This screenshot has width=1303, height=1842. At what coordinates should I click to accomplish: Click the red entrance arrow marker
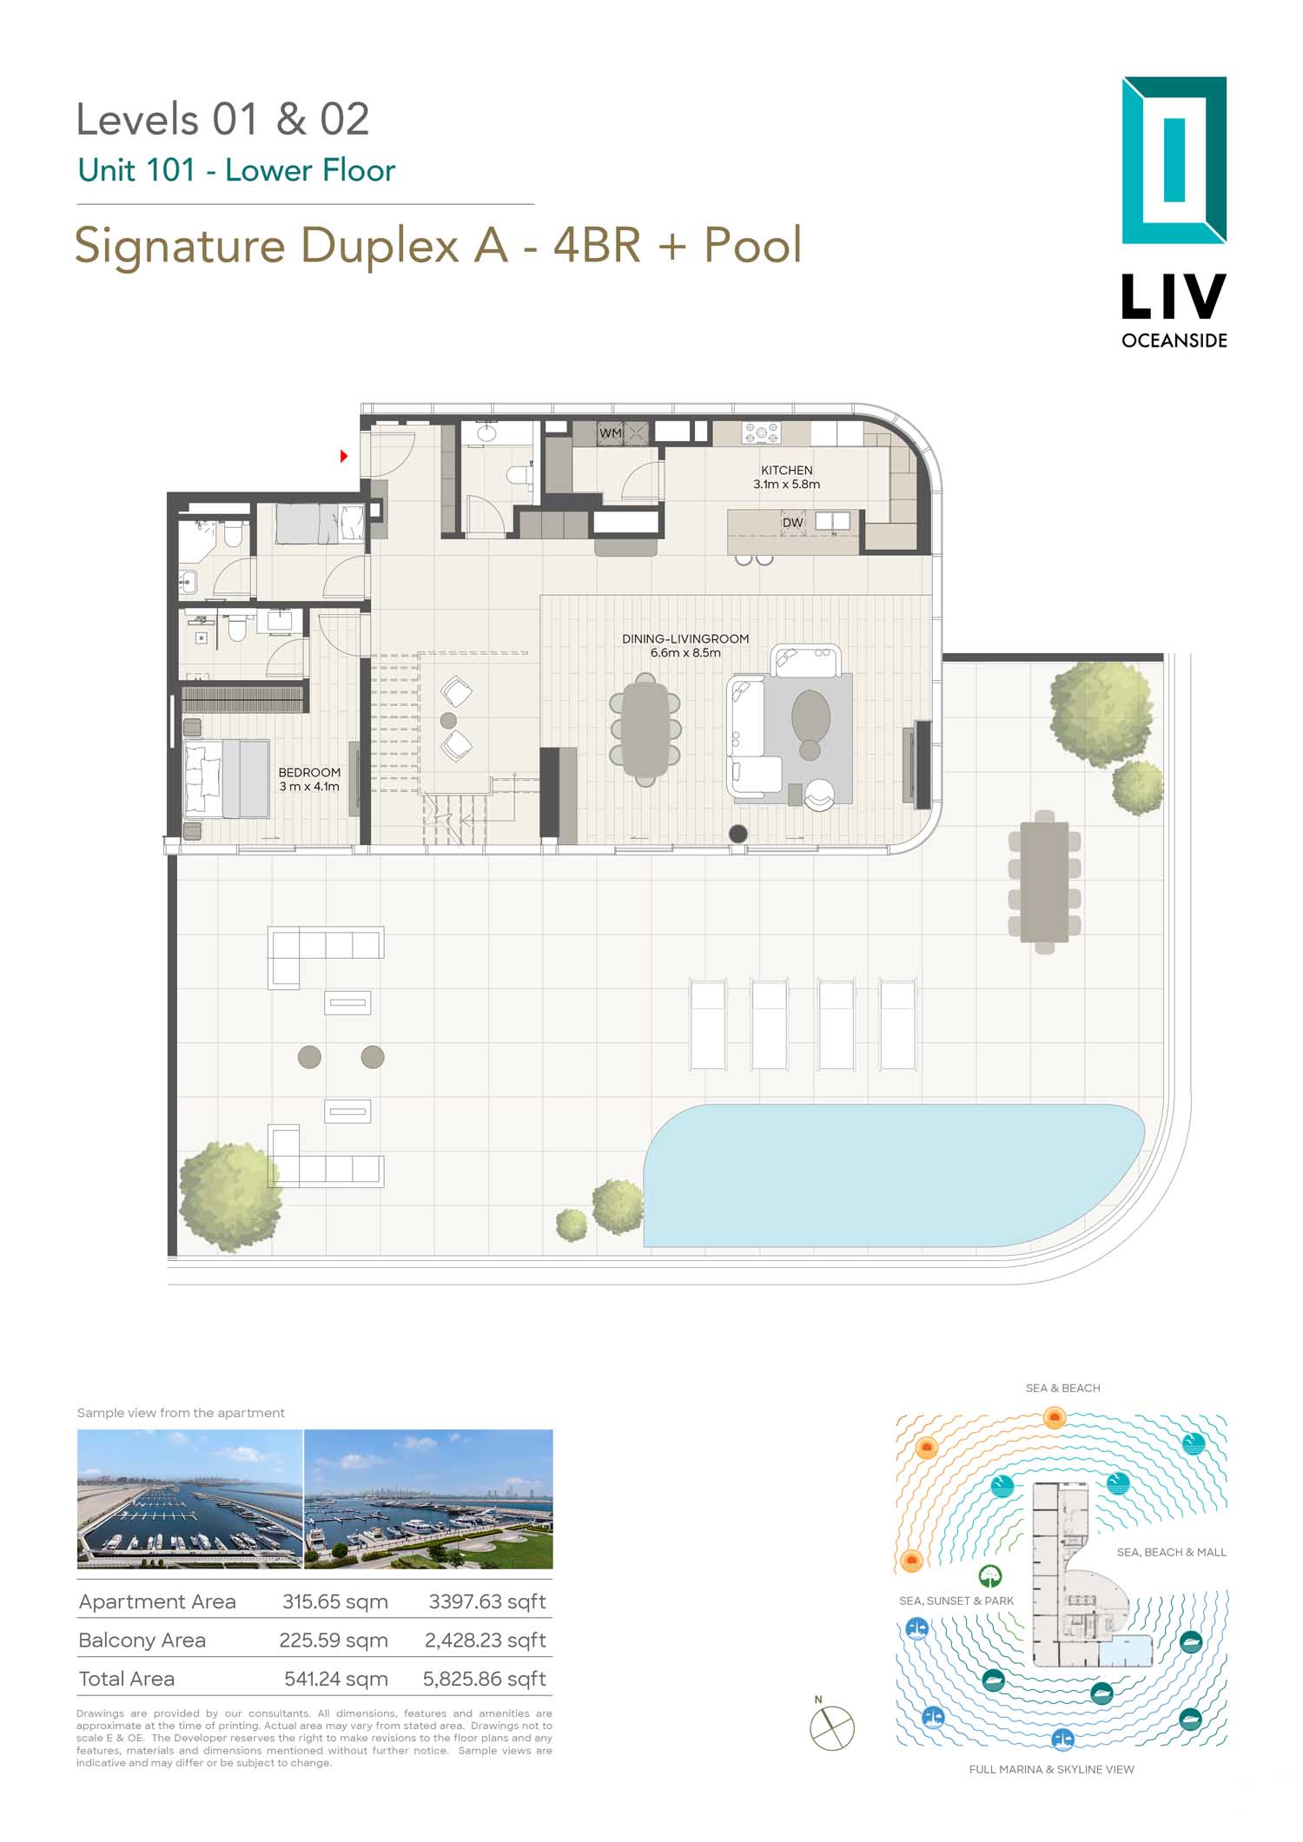tap(344, 455)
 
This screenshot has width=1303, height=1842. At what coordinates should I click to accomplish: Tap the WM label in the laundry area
tap(611, 432)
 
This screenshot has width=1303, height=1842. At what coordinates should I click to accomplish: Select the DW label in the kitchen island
tap(792, 523)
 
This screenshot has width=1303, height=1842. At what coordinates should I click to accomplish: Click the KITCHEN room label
tap(787, 470)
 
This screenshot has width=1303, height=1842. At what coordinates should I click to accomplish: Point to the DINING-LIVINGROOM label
tap(685, 638)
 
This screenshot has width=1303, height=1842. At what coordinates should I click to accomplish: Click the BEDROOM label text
tap(309, 772)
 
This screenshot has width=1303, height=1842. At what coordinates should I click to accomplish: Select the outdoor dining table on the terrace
tap(1045, 881)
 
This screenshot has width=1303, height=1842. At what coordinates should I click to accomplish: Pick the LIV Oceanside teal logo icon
tap(1174, 160)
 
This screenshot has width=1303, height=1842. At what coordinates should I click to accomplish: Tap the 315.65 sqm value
tap(335, 1601)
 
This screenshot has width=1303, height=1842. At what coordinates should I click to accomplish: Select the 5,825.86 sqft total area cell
tap(485, 1679)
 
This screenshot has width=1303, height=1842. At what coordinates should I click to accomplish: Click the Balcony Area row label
tap(142, 1640)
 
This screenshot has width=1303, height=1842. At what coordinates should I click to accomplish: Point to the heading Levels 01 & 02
tap(223, 119)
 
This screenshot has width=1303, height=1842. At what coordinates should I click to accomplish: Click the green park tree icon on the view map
tap(990, 1576)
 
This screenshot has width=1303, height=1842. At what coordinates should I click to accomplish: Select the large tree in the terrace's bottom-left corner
tap(230, 1197)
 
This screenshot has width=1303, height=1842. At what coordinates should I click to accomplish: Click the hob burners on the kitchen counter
tap(761, 432)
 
